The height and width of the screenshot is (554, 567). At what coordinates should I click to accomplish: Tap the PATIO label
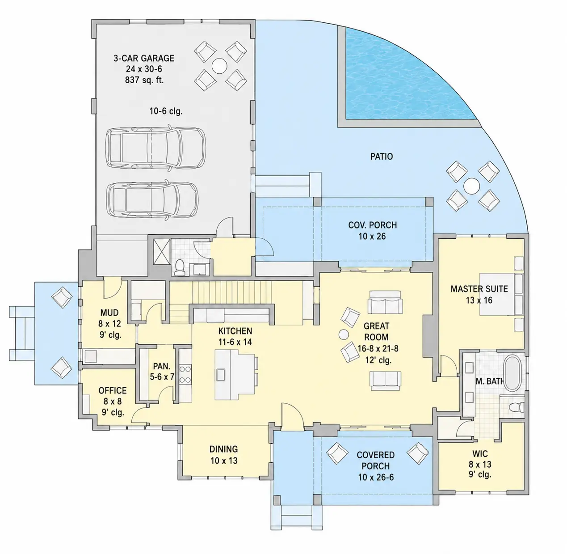point(382,156)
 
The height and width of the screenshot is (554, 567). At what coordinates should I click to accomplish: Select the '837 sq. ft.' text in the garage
point(144,80)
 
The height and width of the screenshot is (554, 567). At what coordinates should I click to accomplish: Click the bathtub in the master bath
point(512,373)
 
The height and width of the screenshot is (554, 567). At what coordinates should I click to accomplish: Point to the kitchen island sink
point(221,375)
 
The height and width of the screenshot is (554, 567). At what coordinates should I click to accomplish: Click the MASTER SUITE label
point(479,289)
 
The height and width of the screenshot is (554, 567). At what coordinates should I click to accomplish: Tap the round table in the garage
point(219,66)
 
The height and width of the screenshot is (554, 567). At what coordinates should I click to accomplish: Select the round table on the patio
point(471,186)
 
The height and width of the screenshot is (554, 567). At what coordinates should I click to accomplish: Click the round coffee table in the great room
point(344,335)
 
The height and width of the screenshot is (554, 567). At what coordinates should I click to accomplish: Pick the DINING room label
point(223,449)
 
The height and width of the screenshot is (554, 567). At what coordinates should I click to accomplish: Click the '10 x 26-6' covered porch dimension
point(376,477)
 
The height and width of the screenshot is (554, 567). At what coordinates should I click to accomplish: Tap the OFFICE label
point(113,390)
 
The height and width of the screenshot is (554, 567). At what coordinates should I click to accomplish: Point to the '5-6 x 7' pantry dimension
point(162,377)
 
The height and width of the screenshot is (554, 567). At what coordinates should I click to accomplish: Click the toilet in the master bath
point(516,407)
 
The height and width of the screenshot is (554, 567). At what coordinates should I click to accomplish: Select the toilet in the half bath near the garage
point(180,268)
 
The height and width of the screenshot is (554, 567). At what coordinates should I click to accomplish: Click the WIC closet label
point(480,454)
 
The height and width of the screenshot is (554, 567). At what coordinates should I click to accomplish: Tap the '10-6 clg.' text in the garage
point(166,111)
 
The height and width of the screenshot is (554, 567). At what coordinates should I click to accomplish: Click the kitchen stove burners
point(185,374)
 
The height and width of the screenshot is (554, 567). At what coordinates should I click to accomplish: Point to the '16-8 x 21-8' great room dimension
point(378,348)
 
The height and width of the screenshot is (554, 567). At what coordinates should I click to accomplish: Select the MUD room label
point(109,313)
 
